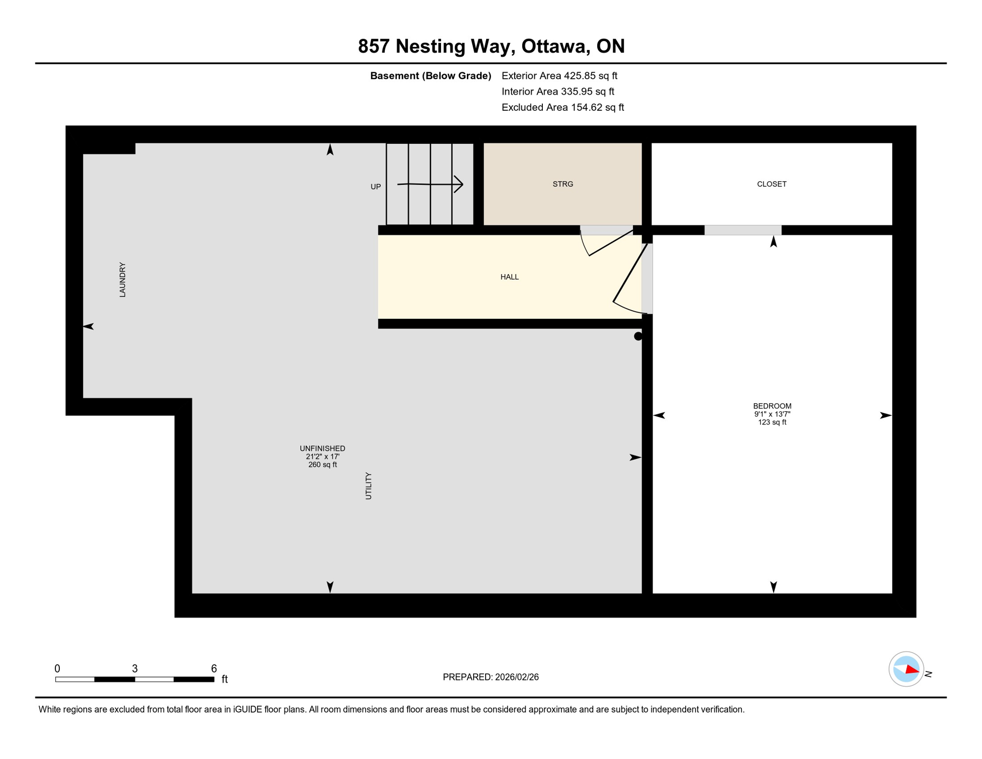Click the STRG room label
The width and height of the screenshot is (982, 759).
(563, 184)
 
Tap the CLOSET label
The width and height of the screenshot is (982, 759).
(771, 184)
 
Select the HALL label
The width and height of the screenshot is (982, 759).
(509, 277)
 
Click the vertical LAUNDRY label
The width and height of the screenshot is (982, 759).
(123, 280)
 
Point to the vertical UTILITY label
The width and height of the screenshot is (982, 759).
(368, 486)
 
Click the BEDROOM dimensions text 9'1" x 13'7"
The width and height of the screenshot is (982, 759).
(772, 414)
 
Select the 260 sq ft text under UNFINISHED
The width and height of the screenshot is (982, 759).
(322, 464)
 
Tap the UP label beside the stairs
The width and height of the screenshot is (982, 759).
(375, 187)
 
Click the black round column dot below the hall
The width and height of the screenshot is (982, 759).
(638, 336)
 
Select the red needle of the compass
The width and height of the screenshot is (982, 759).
(912, 670)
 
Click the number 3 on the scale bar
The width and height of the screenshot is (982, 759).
(134, 668)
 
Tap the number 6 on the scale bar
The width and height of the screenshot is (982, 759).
(213, 668)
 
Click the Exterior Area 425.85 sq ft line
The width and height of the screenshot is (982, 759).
(559, 76)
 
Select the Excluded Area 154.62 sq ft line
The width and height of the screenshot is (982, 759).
(562, 107)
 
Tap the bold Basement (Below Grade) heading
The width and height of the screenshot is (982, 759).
(430, 76)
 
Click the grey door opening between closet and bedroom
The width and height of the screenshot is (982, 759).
(742, 230)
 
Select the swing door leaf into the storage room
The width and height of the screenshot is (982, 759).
(611, 243)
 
